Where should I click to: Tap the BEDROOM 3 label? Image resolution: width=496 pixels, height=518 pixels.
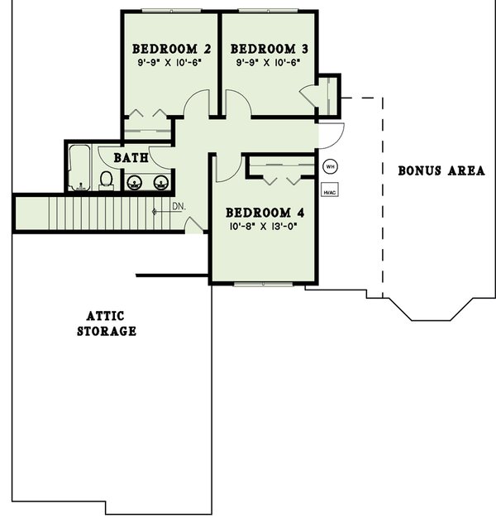click(269, 47)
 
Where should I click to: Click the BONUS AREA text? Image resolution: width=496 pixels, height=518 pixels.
click(441, 171)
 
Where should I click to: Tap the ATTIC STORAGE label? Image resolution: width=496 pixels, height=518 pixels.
click(107, 324)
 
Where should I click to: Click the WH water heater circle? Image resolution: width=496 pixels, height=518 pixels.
click(330, 166)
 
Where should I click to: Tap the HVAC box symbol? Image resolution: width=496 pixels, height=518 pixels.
click(330, 192)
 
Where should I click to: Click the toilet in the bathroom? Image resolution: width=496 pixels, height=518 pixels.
click(107, 180)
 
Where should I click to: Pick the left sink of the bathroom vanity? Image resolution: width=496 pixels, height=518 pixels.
click(135, 182)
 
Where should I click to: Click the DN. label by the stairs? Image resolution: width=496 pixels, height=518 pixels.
click(178, 206)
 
